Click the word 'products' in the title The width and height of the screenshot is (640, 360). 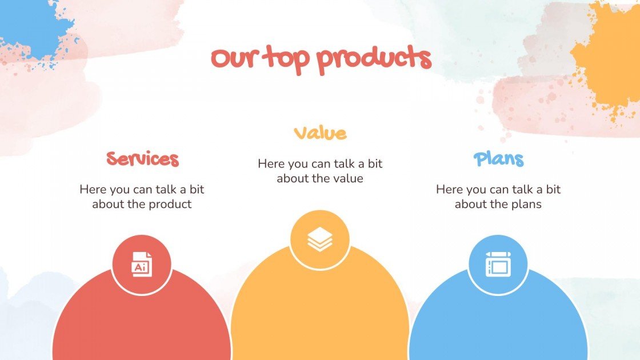click(x=374, y=59)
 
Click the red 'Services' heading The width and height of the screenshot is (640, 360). click(x=142, y=159)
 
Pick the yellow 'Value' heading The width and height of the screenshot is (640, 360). click(x=320, y=133)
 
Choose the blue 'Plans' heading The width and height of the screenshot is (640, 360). click(x=498, y=159)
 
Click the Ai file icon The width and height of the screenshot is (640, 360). click(x=142, y=265)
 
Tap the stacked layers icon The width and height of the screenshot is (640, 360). click(x=320, y=239)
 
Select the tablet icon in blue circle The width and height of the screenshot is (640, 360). click(x=498, y=265)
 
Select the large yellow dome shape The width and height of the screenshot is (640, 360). click(x=320, y=309)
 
